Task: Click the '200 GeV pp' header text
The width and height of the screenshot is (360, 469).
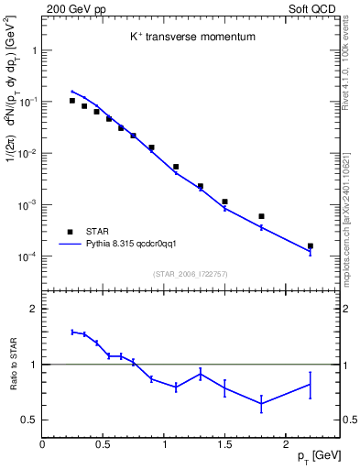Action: pyautogui.click(x=71, y=8)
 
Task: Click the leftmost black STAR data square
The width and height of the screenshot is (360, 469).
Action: pyautogui.click(x=72, y=101)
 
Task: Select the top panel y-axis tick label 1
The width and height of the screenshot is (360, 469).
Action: pyautogui.click(x=34, y=51)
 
